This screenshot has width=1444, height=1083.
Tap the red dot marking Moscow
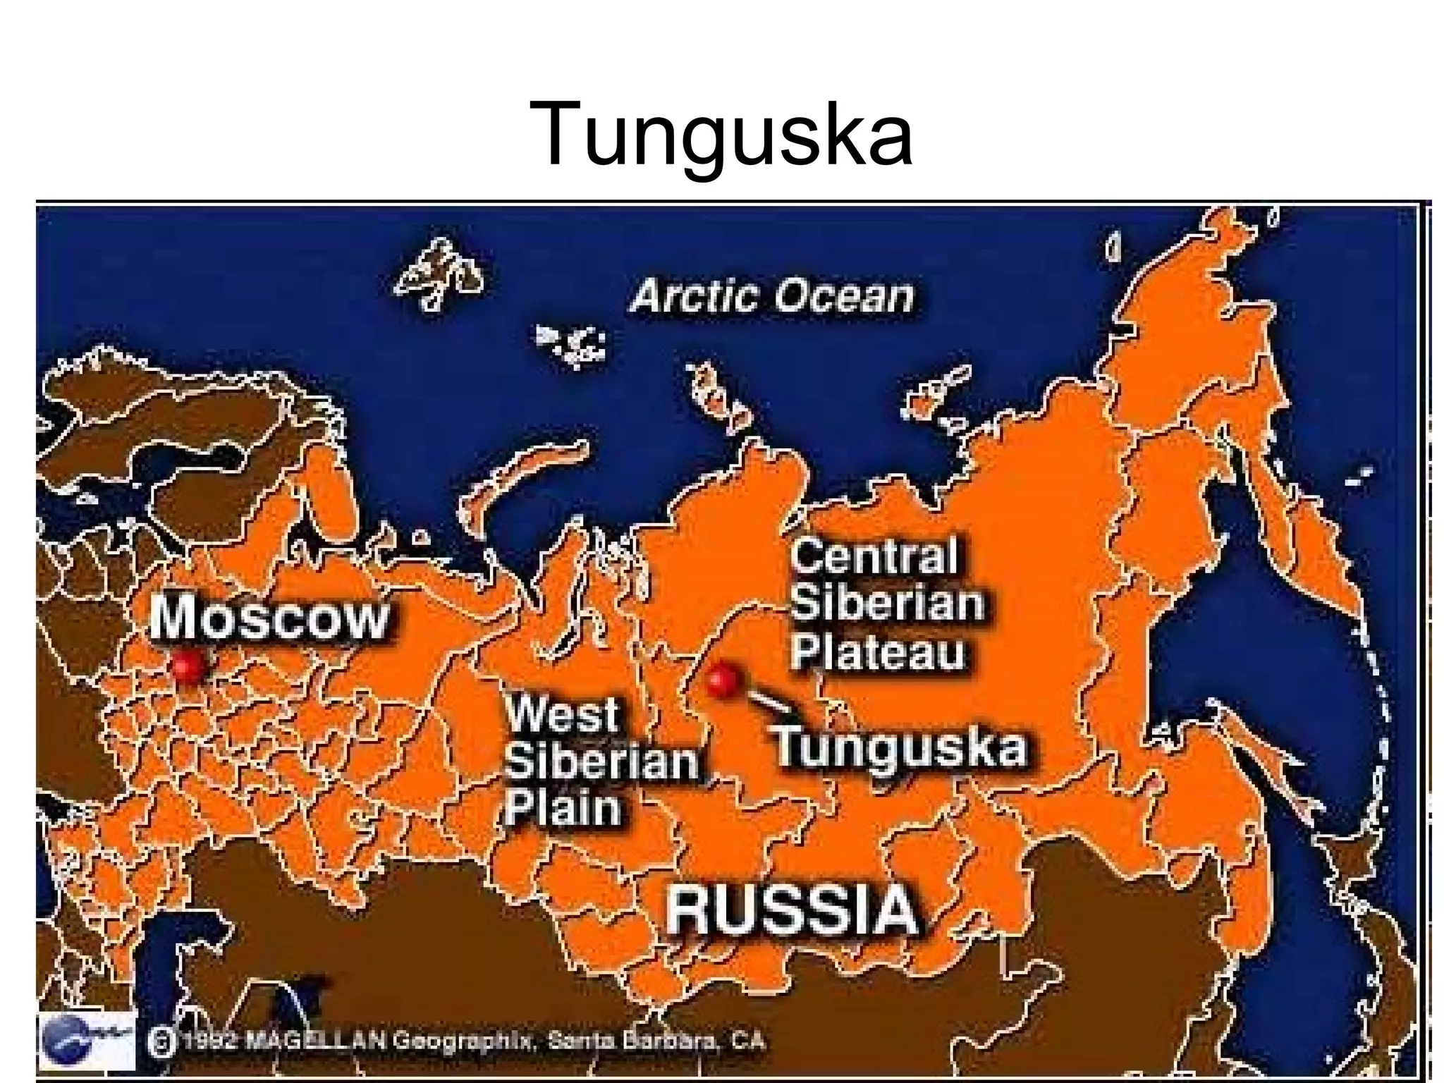[x=188, y=665]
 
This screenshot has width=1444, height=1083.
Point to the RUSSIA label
[x=792, y=910]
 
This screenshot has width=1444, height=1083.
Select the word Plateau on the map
[x=877, y=652]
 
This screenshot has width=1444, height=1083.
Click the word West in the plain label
[x=563, y=714]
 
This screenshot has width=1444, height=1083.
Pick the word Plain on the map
[x=563, y=807]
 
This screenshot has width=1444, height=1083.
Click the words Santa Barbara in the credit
[x=635, y=1041]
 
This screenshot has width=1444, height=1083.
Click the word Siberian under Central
[x=887, y=605]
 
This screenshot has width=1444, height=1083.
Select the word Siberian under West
[x=601, y=761]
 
